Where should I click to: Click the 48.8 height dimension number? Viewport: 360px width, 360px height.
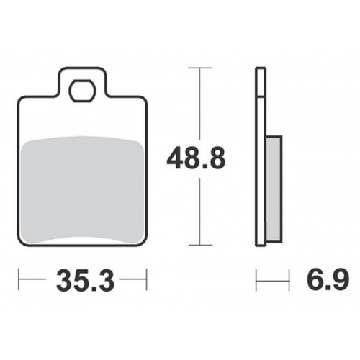click(196, 158)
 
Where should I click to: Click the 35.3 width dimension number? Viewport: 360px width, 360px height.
click(85, 280)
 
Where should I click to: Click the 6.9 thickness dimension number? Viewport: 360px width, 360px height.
click(328, 279)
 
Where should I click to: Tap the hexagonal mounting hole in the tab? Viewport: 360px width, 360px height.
click(82, 91)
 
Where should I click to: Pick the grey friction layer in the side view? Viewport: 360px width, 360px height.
click(274, 189)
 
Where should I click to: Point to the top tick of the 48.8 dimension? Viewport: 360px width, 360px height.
click(200, 68)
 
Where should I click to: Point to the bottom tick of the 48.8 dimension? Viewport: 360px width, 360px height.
click(200, 245)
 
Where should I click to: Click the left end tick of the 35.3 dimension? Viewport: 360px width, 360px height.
click(19, 279)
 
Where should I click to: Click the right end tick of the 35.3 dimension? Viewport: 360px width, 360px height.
click(146, 279)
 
